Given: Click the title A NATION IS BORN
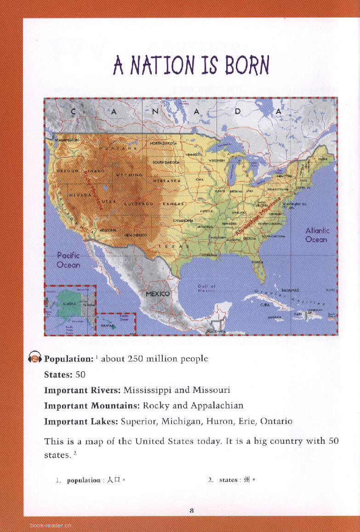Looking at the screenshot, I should click(191, 65).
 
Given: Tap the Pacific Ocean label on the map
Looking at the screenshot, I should click(69, 260).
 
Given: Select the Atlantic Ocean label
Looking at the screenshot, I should click(317, 235).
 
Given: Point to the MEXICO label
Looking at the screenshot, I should click(158, 294).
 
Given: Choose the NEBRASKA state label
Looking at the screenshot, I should click(166, 181).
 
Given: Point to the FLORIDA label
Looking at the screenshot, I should click(257, 262).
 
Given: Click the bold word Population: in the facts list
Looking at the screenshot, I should click(69, 359).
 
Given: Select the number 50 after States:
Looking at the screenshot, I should click(80, 374).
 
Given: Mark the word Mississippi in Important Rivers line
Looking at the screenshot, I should click(148, 390).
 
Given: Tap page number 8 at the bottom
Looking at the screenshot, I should click(192, 510).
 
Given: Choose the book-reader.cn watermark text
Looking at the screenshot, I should click(51, 525).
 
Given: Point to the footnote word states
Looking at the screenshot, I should click(228, 480).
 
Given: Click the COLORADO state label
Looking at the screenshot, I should click(139, 204).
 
